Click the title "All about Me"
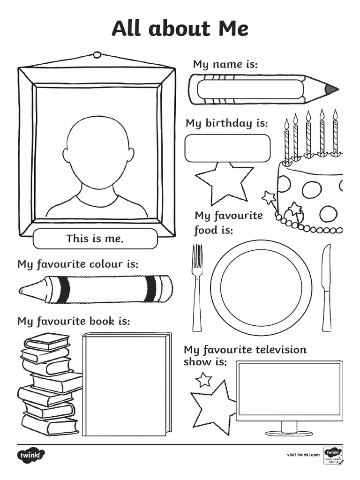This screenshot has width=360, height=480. click(180, 29)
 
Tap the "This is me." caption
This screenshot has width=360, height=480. click(95, 239)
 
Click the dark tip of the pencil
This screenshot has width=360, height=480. click(331, 89)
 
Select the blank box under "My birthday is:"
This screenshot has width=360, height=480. click(227, 148)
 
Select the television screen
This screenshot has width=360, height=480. click(289, 389)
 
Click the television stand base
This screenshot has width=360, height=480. click(289, 433)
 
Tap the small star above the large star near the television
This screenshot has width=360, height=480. click(203, 379)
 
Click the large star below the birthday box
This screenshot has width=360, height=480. click(224, 183)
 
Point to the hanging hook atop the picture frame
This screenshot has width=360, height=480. click(97, 55)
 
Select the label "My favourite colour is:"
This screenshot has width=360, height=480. click(78, 264)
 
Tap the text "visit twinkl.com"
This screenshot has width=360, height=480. click(303, 455)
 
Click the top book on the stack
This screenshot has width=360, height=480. click(47, 342)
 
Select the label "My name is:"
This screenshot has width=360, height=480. click(225, 64)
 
